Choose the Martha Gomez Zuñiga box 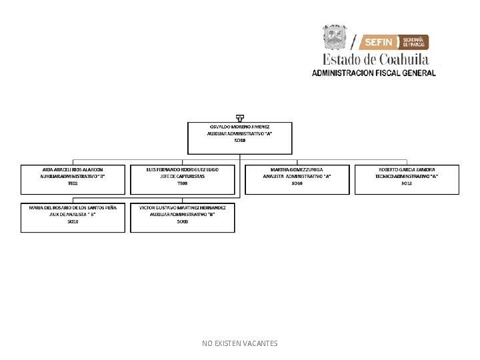pyautogui.click(x=297, y=180)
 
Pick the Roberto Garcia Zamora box pyautogui.click(x=407, y=180)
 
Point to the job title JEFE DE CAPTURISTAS pyautogui.click(x=182, y=176)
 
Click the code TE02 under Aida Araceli pyautogui.click(x=73, y=183)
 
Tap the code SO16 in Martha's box pyautogui.click(x=297, y=183)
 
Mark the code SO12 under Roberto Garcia pyautogui.click(x=407, y=183)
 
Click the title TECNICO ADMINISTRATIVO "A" pyautogui.click(x=407, y=176)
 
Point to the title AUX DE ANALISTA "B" pyautogui.click(x=73, y=215)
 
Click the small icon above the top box pyautogui.click(x=239, y=118)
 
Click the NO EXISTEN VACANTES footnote pyautogui.click(x=240, y=343)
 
